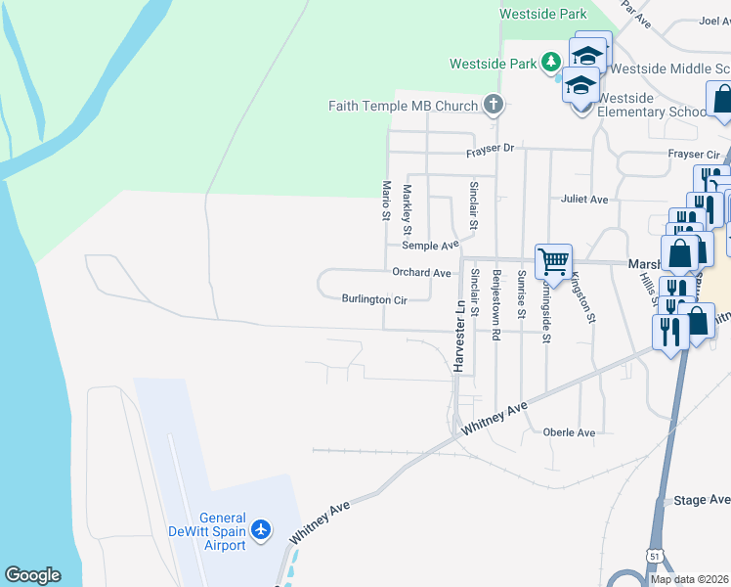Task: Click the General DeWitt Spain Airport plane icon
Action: coord(261,529)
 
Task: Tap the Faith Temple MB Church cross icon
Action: coord(494,105)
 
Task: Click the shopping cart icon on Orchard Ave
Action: coord(553,261)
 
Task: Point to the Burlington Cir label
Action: coord(373,299)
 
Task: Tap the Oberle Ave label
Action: coord(570,432)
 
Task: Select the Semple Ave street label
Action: coord(430,246)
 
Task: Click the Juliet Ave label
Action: coord(584,199)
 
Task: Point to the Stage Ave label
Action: coord(702,500)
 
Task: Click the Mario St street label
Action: coord(387,200)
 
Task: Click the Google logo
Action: coord(32,575)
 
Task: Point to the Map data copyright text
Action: coord(689,579)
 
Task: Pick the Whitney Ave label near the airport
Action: coord(320,520)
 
